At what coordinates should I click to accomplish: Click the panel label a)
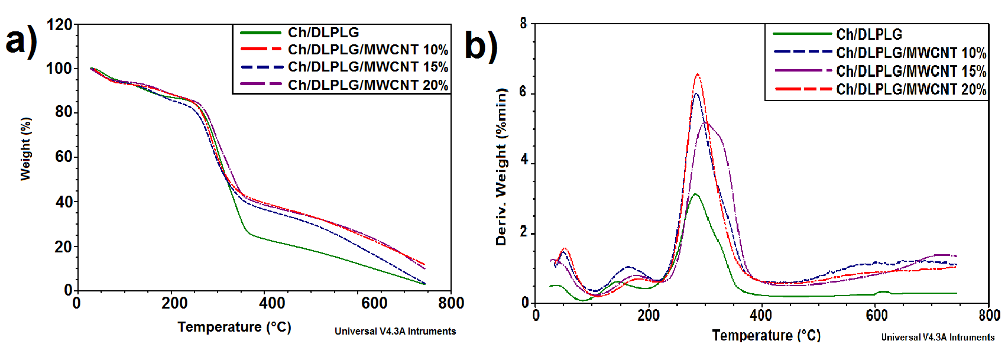[x=21, y=41]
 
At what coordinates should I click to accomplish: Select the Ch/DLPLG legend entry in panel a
[x=323, y=33]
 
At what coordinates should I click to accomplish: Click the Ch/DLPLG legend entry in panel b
[x=869, y=34]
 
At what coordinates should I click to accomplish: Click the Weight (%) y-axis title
[x=25, y=148]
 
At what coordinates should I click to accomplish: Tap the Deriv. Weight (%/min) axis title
[x=501, y=166]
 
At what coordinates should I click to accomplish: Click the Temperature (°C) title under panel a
[x=234, y=327]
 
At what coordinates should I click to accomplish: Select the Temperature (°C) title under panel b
[x=766, y=335]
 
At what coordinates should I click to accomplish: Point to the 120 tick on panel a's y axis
[x=59, y=25]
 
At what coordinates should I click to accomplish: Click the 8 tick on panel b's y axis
[x=523, y=24]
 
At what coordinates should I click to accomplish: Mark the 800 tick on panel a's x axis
[x=451, y=303]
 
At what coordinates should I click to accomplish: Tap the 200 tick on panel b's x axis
[x=649, y=315]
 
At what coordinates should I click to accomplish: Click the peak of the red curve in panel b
[x=698, y=74]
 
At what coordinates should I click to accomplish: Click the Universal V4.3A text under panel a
[x=395, y=331]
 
